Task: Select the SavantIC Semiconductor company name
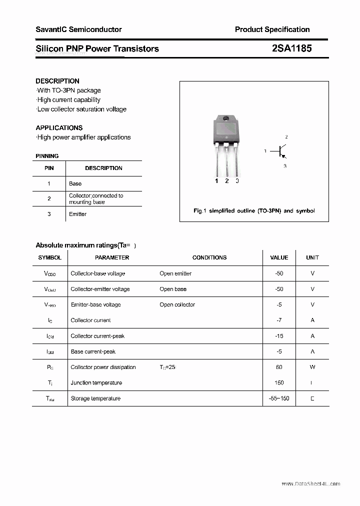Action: click(78, 29)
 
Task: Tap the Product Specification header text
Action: click(272, 29)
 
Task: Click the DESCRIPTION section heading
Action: click(57, 81)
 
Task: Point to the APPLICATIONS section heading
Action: click(59, 127)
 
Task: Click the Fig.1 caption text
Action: click(254, 210)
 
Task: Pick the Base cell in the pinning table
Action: click(75, 183)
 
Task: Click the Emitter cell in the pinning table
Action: click(77, 214)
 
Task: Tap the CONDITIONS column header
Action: click(209, 257)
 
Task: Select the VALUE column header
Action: click(279, 257)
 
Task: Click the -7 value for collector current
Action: click(279, 320)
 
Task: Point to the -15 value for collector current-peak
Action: click(279, 336)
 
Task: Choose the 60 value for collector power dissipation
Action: click(279, 367)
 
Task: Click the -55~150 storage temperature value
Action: click(279, 398)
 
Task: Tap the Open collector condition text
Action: click(177, 304)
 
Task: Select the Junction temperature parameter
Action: click(96, 382)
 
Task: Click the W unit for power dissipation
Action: click(312, 367)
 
